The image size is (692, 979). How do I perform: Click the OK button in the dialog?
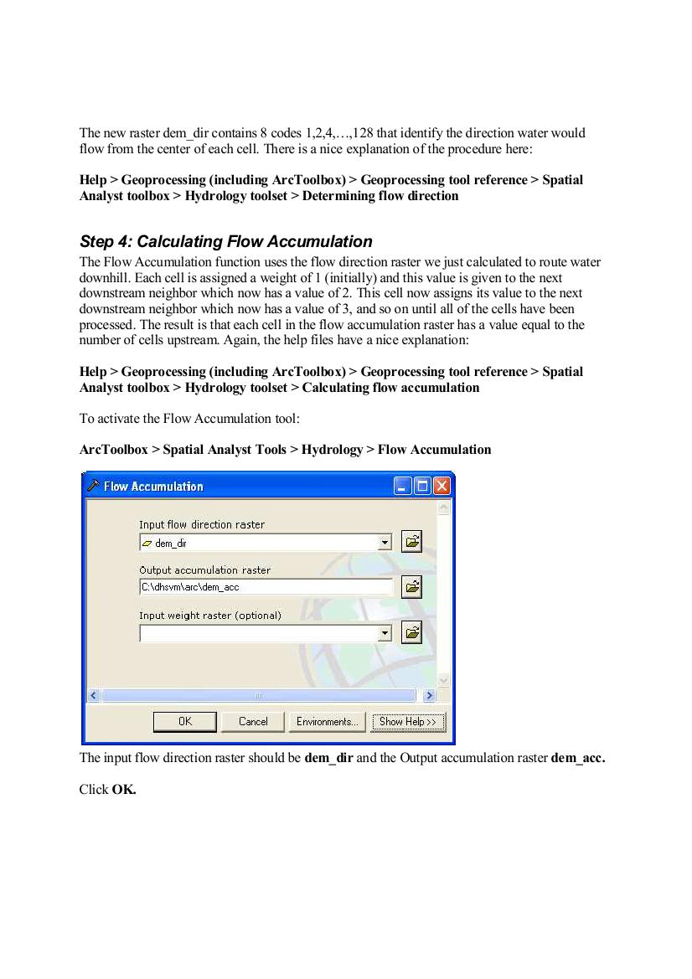click(185, 721)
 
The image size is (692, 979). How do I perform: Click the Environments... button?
click(327, 721)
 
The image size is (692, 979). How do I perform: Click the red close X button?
click(442, 486)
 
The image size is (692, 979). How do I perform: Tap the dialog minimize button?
click(403, 486)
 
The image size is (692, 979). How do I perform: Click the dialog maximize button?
click(422, 486)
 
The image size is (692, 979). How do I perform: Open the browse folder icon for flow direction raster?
click(411, 542)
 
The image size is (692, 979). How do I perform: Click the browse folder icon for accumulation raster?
click(411, 587)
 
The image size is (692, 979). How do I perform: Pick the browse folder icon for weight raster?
click(411, 632)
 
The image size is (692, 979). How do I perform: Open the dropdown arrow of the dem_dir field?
click(385, 543)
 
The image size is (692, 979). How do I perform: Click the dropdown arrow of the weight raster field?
click(385, 633)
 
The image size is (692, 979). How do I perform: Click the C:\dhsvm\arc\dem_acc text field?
click(265, 587)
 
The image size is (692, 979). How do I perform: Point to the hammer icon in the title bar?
click(94, 486)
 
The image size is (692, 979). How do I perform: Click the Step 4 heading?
click(225, 241)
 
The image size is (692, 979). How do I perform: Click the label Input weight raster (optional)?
click(209, 616)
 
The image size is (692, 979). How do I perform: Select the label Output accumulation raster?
click(204, 570)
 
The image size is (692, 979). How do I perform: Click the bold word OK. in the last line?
click(124, 789)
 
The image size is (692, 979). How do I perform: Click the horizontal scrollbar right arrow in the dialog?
click(429, 695)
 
